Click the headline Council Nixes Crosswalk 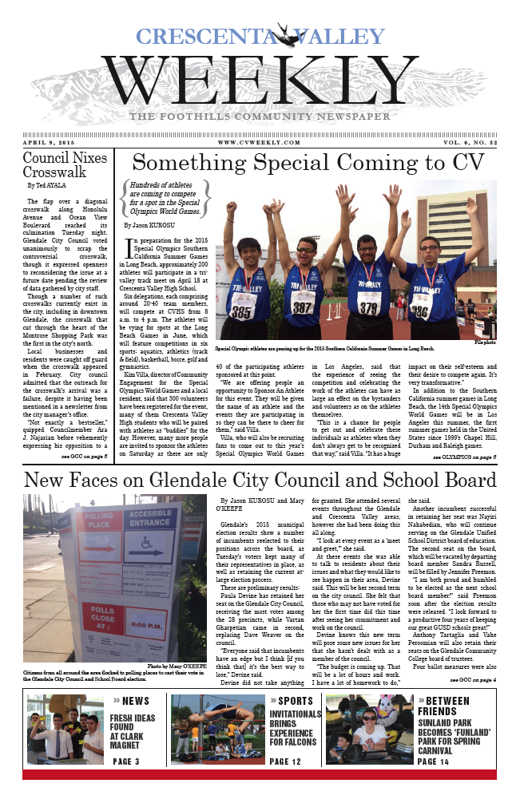coord(65,164)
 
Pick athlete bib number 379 coord(367,307)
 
